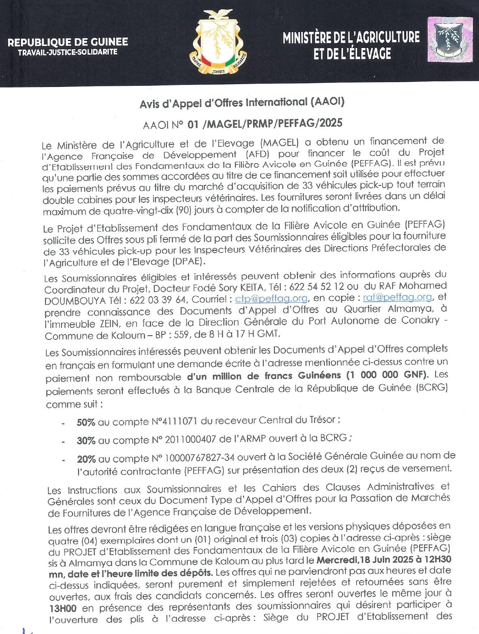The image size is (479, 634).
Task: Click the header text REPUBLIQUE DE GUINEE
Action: [68, 42]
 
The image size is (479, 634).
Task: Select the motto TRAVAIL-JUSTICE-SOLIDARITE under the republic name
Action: [68, 52]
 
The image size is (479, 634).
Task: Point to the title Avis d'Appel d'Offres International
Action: [242, 103]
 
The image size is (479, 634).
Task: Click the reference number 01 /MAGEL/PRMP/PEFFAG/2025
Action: [265, 123]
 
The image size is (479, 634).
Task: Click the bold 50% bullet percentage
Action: [86, 422]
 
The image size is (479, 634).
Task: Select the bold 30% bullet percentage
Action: [86, 441]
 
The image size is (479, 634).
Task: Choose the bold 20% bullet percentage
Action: [86, 459]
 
